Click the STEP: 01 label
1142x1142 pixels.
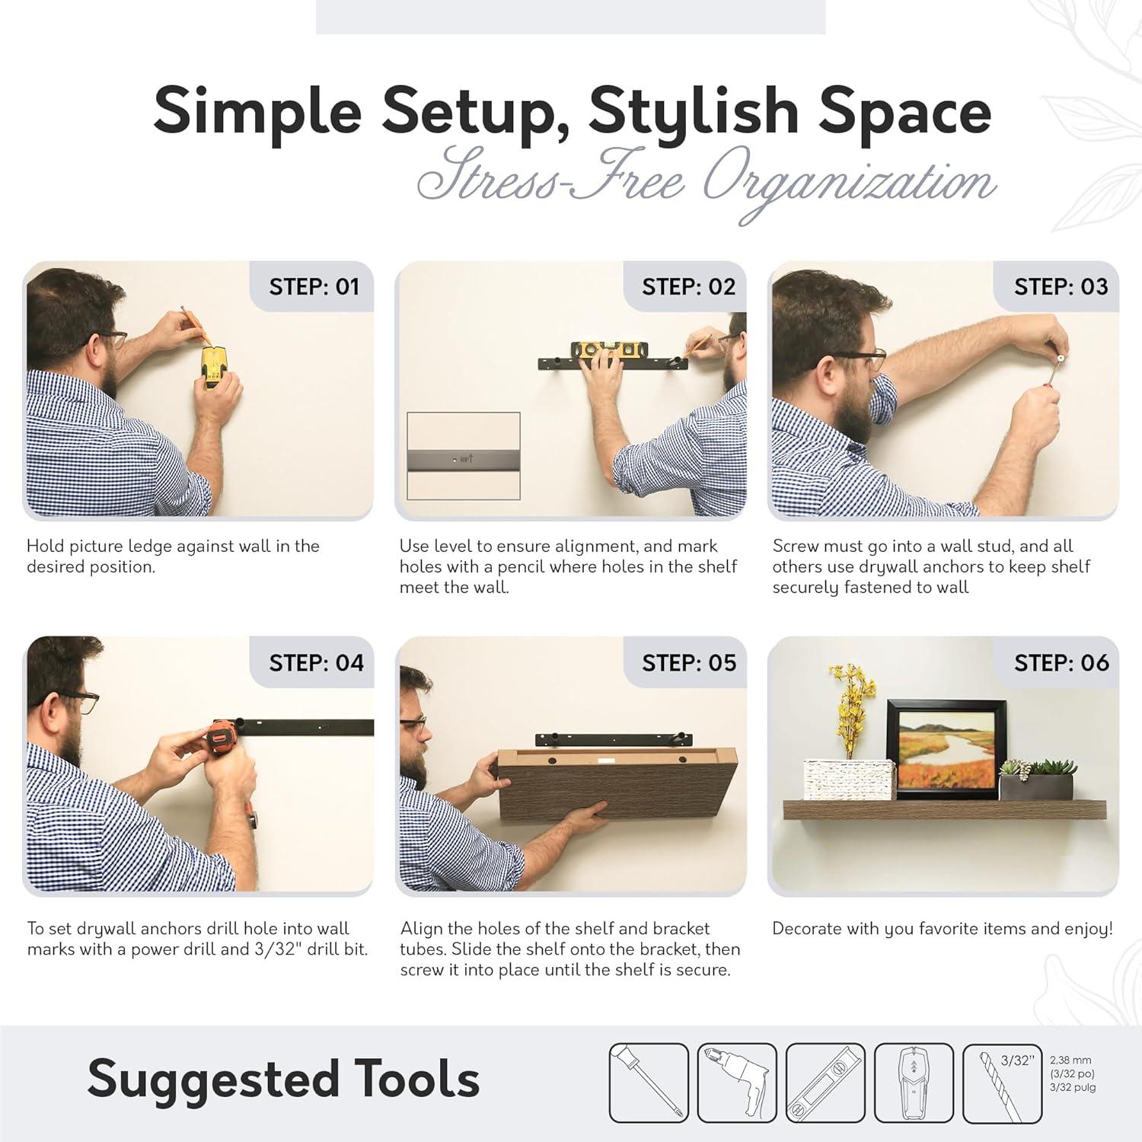tap(314, 287)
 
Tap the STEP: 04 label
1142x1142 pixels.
tap(317, 662)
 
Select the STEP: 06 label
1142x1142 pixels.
tap(1061, 662)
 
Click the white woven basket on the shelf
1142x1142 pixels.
tap(849, 778)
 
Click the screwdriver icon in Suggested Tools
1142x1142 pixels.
tap(649, 1083)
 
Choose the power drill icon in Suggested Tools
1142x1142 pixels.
tap(737, 1083)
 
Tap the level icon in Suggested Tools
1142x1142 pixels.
tap(825, 1083)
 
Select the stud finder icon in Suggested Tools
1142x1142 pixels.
tap(914, 1083)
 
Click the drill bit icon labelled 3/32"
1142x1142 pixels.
tap(1002, 1083)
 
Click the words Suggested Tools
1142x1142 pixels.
tap(283, 1080)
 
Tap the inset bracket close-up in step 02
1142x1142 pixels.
tap(464, 456)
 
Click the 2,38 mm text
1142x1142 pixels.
tap(1070, 1060)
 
